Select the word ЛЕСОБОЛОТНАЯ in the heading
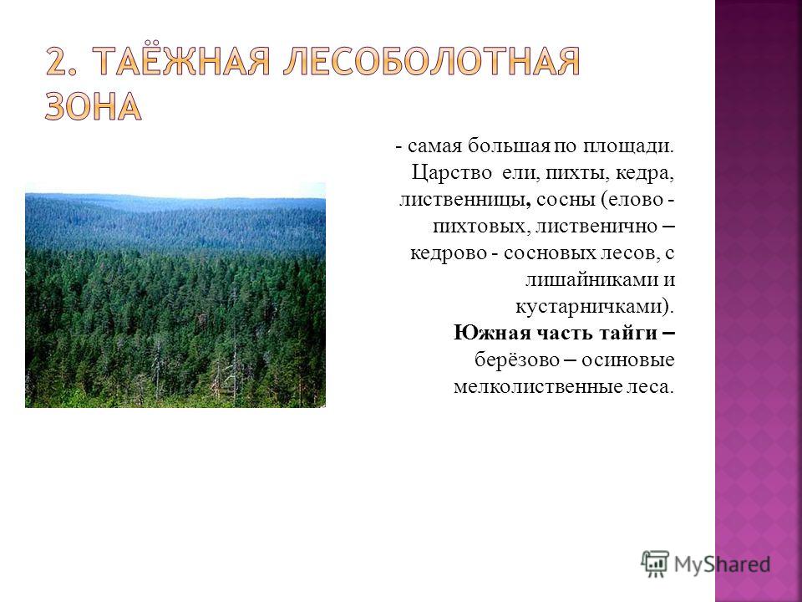pyautogui.click(x=432, y=63)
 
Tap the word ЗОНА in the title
pyautogui.click(x=93, y=107)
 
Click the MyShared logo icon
pyautogui.click(x=655, y=564)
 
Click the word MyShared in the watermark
pyautogui.click(x=722, y=564)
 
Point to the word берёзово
pyautogui.click(x=517, y=360)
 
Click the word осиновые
pyautogui.click(x=628, y=360)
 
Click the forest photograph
pyautogui.click(x=175, y=295)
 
